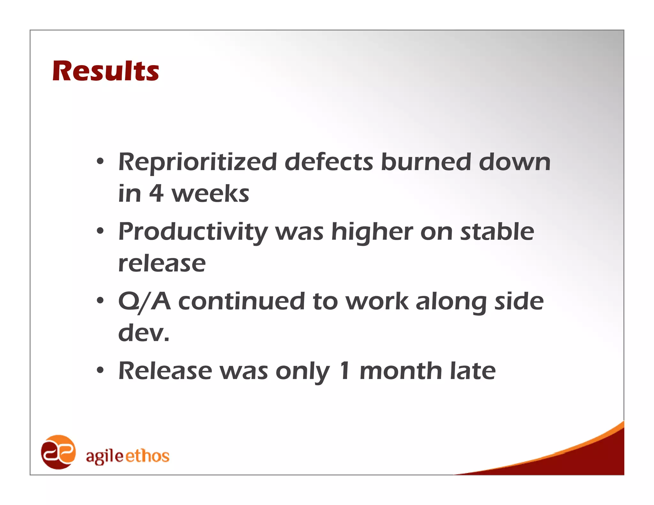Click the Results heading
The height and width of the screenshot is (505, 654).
coord(106,71)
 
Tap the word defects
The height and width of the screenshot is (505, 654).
coord(328,162)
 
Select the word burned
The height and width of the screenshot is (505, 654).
coord(426,162)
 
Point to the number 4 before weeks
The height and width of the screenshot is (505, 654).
coord(156,194)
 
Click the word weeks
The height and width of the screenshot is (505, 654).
coord(210,194)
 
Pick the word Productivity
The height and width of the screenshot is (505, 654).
coord(193,232)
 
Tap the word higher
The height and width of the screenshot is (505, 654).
coord(372,232)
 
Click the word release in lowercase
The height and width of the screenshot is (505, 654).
coord(162,264)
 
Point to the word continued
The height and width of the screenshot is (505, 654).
coord(241,302)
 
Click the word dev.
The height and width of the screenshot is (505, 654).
coord(144,333)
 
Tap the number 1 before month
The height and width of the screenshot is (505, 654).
coord(345,371)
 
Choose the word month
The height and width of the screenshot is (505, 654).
coord(401,371)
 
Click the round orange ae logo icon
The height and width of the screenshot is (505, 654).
coord(58,452)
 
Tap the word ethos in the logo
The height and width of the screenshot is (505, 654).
coord(147,456)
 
